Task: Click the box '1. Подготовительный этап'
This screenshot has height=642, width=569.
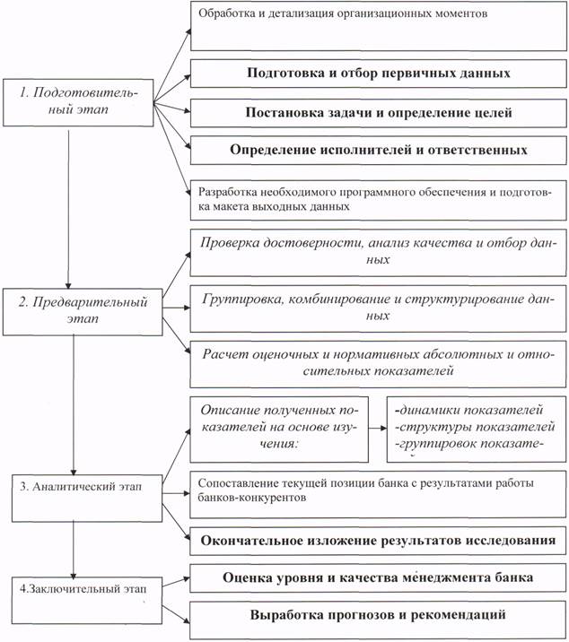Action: pyautogui.click(x=78, y=102)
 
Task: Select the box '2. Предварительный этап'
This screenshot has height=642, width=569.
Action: pyautogui.click(x=83, y=312)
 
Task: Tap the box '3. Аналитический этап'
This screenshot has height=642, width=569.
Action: pyautogui.click(x=87, y=498)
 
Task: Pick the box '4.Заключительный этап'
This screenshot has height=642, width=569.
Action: pyautogui.click(x=87, y=600)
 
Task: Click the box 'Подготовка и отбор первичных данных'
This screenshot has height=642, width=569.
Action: pyautogui.click(x=379, y=74)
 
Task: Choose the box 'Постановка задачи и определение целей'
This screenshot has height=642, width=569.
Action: pyautogui.click(x=379, y=113)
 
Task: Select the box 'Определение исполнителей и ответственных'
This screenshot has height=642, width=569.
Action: pyautogui.click(x=379, y=150)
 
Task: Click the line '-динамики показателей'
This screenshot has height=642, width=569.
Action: pyautogui.click(x=469, y=410)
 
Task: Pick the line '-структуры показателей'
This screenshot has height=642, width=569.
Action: pyautogui.click(x=475, y=427)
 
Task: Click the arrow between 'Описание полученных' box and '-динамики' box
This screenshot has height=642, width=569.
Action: pyautogui.click(x=378, y=429)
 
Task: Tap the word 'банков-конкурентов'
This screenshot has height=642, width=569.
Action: pyautogui.click(x=252, y=498)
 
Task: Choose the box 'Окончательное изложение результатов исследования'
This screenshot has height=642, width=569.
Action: pyautogui.click(x=378, y=541)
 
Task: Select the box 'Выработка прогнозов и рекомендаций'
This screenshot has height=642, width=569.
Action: pyautogui.click(x=378, y=615)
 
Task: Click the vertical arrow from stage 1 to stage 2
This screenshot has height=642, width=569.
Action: pyautogui.click(x=68, y=210)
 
